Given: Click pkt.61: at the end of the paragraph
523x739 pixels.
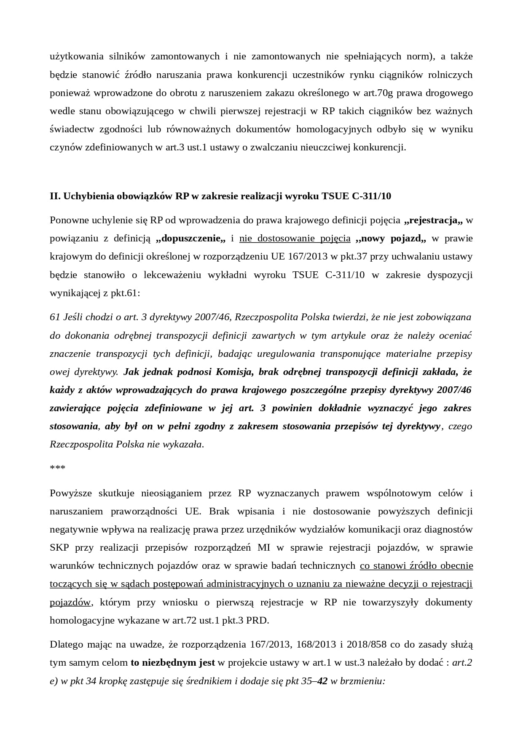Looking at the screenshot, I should coord(125,293).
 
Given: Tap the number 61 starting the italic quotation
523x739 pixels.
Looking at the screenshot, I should coord(55,317).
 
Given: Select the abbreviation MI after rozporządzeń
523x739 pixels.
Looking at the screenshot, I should coord(264,548).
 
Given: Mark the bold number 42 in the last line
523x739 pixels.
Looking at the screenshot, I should coord(322,681).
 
